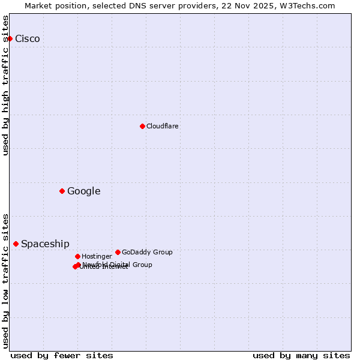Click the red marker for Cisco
click(10, 38)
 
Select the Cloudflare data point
click(142, 126)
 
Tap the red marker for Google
click(62, 191)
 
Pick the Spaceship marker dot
click(16, 244)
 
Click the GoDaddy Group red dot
click(118, 252)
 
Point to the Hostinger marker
click(77, 256)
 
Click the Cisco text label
click(28, 39)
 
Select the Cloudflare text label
click(163, 126)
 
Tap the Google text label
click(84, 191)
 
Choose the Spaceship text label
click(45, 244)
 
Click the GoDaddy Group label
click(147, 252)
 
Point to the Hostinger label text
click(97, 256)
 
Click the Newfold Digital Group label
click(118, 265)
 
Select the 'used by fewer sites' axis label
click(62, 355)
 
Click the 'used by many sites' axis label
click(301, 355)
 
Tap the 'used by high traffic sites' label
click(6, 85)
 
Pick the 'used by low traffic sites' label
click(6, 280)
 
